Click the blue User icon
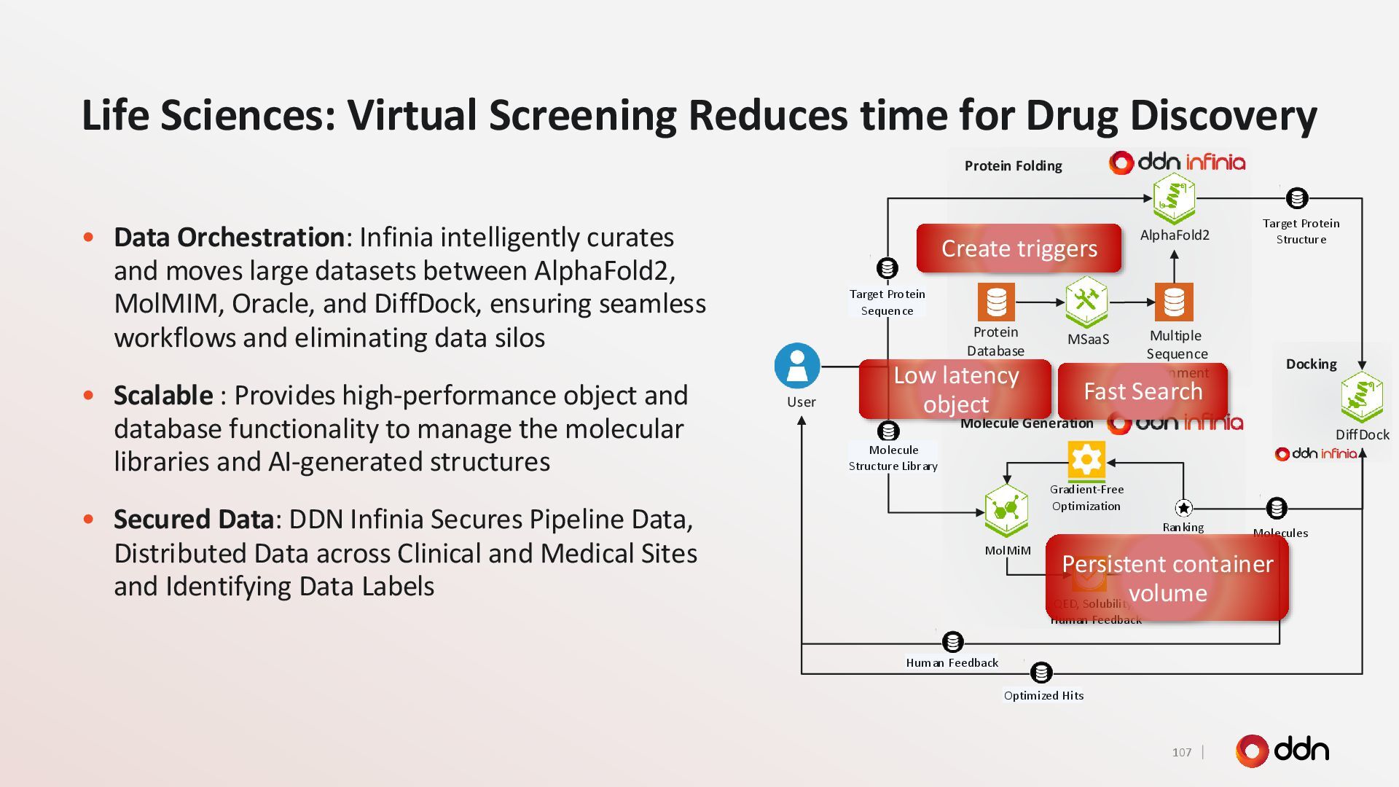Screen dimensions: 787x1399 [x=797, y=366]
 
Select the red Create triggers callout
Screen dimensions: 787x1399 [x=1019, y=248]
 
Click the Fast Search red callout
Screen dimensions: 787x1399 [x=1143, y=391]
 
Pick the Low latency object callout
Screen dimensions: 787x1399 [x=955, y=389]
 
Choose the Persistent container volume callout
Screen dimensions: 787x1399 [x=1167, y=578]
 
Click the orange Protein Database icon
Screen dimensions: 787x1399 [x=995, y=302]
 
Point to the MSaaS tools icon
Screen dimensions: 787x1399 [x=1086, y=300]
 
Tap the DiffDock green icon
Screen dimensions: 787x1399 [x=1361, y=397]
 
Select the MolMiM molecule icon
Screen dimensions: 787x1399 [x=1006, y=509]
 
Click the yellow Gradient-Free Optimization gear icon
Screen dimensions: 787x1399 [x=1086, y=460]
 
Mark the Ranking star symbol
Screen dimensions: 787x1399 [x=1183, y=508]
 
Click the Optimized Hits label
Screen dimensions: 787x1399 [x=1043, y=696]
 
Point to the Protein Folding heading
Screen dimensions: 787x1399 [x=1013, y=166]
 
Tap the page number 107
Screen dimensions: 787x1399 [x=1181, y=753]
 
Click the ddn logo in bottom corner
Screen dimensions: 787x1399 [x=1282, y=751]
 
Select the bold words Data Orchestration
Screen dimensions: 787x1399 [x=229, y=238]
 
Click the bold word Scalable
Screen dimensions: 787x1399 [x=163, y=396]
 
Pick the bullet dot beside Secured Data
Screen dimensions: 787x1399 [x=89, y=520]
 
